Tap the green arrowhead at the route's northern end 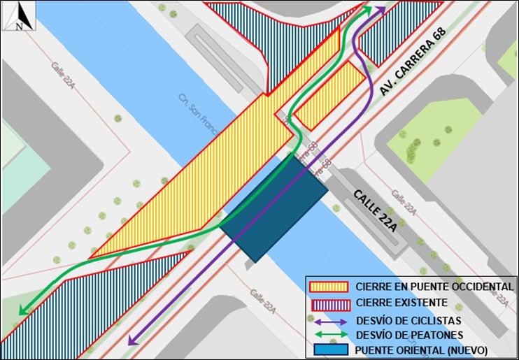(367, 10)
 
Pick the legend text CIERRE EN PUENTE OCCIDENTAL (434, 287)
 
